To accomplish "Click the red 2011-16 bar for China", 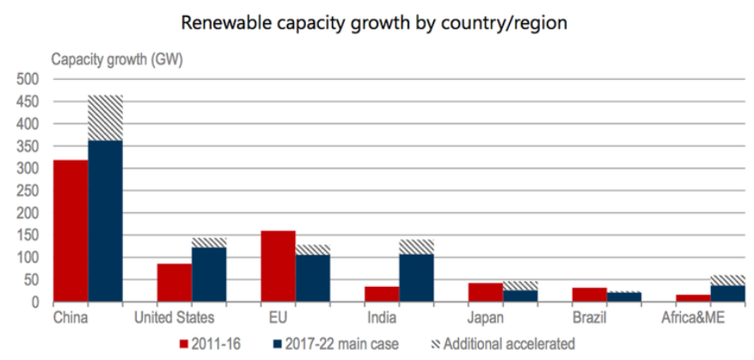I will [x=70, y=231].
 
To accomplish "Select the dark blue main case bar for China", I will [x=106, y=221].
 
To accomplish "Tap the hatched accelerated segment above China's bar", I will [x=106, y=118].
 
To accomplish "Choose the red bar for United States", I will [x=175, y=283].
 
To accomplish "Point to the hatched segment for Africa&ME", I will [x=726, y=280].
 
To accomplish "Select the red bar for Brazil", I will [x=588, y=295].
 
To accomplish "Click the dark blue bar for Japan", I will [x=519, y=296].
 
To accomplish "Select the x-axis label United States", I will [x=174, y=319].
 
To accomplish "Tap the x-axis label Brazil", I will [x=588, y=319].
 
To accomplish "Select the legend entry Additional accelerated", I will [x=507, y=344].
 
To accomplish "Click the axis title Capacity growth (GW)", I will [x=116, y=59].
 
